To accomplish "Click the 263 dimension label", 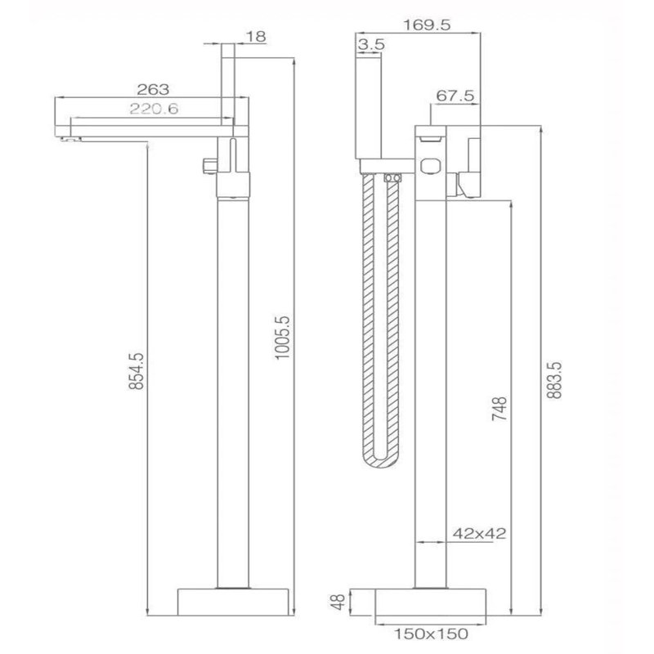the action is coord(153,89).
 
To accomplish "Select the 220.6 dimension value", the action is coord(154,109).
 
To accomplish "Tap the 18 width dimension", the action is coord(256,37).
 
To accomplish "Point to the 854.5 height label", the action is coord(136,371).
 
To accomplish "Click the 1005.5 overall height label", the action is coord(282,338).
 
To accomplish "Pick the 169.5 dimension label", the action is coord(427,25).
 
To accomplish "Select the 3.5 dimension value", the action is coord(370,44).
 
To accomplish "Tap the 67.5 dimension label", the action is coord(455,96).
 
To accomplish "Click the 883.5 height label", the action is coord(555,380).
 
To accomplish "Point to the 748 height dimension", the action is coord(499,408).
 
